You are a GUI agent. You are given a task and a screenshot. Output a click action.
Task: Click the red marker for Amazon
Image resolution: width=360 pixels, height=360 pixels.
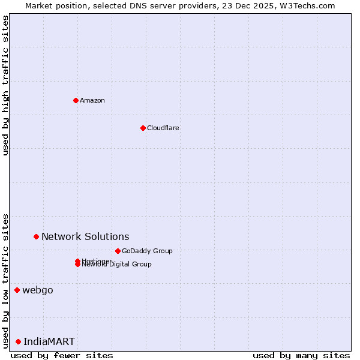pos(76,100)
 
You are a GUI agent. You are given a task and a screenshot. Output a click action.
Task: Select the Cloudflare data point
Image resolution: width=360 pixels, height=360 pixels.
pos(143,128)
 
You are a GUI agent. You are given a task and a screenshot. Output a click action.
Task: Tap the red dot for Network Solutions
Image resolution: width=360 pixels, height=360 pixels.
pos(36,236)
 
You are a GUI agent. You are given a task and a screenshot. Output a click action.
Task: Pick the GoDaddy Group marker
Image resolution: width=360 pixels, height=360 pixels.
pos(118,251)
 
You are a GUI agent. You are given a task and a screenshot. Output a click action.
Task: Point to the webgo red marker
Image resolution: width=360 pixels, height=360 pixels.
pos(17,290)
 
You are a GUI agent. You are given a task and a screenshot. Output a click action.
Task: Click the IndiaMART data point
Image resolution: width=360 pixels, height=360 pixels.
pos(18,341)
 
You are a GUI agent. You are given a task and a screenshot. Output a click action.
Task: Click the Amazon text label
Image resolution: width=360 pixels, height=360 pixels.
pos(92,100)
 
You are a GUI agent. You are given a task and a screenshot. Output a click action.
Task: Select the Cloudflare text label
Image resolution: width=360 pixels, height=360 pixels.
pos(163,128)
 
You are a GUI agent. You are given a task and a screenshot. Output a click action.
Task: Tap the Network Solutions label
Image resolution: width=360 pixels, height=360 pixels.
pos(85,236)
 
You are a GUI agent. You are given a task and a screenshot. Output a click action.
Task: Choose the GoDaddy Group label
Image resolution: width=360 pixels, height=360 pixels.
pos(147,251)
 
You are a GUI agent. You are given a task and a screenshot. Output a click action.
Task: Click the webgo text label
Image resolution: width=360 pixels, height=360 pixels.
pos(38,290)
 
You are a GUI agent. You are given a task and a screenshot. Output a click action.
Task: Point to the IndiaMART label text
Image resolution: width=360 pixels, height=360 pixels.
pos(49,341)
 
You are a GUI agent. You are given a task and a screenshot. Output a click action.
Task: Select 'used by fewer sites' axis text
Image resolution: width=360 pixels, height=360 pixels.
pos(62,356)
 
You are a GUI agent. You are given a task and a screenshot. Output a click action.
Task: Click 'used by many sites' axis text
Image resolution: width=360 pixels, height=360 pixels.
pos(301,356)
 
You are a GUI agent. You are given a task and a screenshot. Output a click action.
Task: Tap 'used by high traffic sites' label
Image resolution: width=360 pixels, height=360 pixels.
pos(5,85)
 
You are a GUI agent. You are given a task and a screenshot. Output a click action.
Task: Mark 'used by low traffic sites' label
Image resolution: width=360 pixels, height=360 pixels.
pos(5,281)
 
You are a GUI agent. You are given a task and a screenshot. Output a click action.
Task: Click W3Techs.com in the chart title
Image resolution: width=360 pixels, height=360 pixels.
pos(308,5)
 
